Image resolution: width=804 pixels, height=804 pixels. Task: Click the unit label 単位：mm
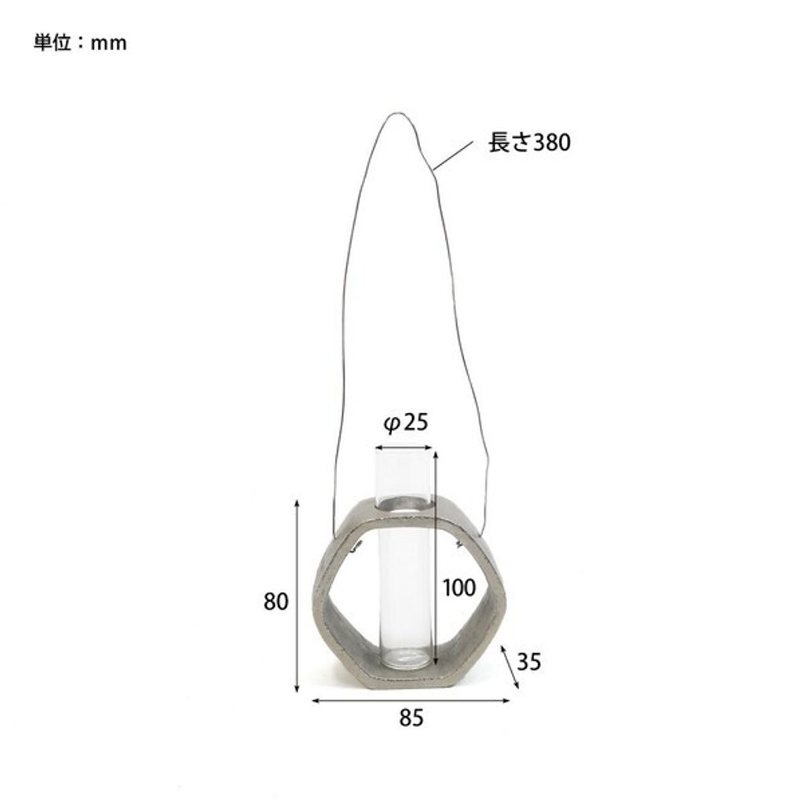click(x=81, y=42)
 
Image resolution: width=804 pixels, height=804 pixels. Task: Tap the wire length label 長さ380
click(x=529, y=142)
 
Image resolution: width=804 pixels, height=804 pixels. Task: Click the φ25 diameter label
click(x=406, y=423)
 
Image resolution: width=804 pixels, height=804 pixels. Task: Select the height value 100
click(x=459, y=587)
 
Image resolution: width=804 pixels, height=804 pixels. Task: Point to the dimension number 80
click(x=276, y=601)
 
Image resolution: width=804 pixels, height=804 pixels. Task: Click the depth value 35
click(x=528, y=662)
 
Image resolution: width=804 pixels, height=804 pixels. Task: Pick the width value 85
click(x=411, y=718)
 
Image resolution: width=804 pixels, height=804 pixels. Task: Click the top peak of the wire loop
click(x=394, y=113)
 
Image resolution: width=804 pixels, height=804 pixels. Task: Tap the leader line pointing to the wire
click(x=453, y=155)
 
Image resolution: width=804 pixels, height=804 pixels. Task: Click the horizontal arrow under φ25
click(x=404, y=447)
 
